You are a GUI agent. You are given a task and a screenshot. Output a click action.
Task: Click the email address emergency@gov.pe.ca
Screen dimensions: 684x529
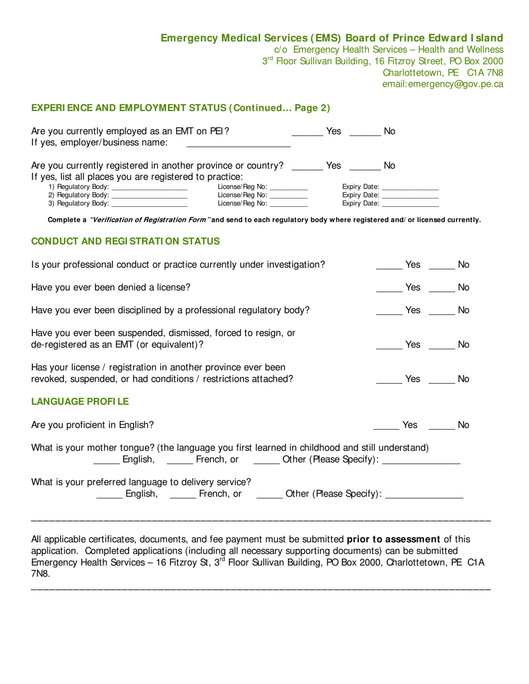(442, 85)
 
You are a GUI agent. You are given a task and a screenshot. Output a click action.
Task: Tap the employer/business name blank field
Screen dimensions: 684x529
(238, 145)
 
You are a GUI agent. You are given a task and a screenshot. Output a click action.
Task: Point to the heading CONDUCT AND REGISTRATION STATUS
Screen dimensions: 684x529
(125, 241)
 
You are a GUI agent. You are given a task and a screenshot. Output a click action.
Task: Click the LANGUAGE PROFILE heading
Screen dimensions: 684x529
(80, 401)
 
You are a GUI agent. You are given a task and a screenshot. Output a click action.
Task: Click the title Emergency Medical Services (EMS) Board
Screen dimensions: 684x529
(331, 38)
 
